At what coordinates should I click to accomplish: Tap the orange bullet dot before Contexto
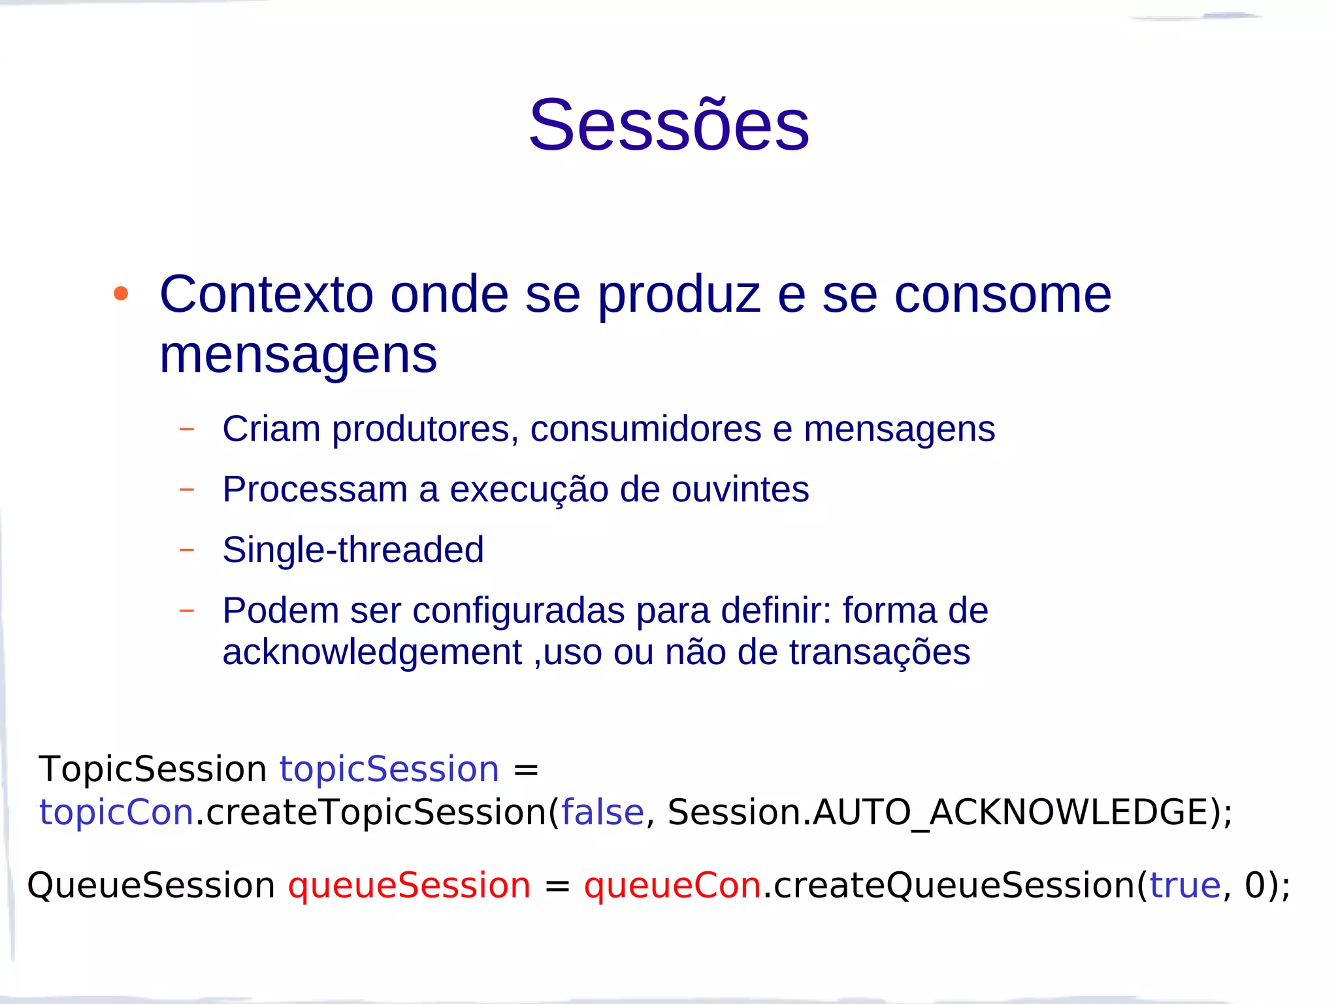pyautogui.click(x=121, y=294)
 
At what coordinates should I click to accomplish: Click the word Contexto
pyautogui.click(x=267, y=295)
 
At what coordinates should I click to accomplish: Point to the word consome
pyautogui.click(x=1002, y=295)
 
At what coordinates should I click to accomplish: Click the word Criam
pyautogui.click(x=271, y=429)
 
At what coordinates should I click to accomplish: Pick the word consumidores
pyautogui.click(x=645, y=429)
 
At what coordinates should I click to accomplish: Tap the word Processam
pyautogui.click(x=314, y=490)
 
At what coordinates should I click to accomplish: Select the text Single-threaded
pyautogui.click(x=353, y=550)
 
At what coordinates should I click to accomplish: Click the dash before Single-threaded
pyautogui.click(x=187, y=550)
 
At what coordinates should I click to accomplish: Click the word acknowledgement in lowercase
pyautogui.click(x=372, y=652)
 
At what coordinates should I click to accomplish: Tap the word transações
pyautogui.click(x=879, y=652)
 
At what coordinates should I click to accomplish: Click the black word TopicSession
pyautogui.click(x=152, y=769)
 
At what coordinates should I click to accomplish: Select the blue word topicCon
pyautogui.click(x=116, y=812)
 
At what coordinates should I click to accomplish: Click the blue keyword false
pyautogui.click(x=602, y=812)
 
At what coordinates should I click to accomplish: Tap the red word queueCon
pyautogui.click(x=672, y=886)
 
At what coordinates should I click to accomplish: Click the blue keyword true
pyautogui.click(x=1184, y=886)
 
